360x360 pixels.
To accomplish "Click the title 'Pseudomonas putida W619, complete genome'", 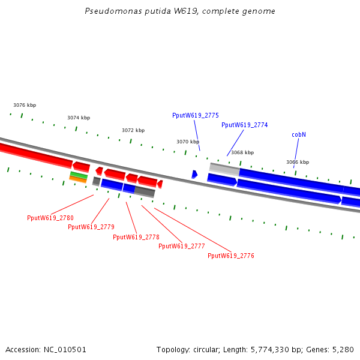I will pos(180,11).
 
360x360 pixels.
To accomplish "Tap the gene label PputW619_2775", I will pos(195,115).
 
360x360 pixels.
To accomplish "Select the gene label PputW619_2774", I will pos(244,125).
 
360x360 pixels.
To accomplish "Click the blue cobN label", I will pos(299,134).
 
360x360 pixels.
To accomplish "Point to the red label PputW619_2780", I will pos(50,218).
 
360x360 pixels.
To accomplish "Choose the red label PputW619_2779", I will pos(91,227).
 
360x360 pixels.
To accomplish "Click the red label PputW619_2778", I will pos(136,237).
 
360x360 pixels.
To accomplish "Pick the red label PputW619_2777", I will pos(181,246).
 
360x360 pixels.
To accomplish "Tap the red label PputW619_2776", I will pos(230,256).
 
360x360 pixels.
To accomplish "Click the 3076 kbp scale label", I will pos(25,105).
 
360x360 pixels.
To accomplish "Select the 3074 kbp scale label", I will pos(79,118).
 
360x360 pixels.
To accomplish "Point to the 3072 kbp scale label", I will pos(133,130).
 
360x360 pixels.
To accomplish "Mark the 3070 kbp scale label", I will pos(188,142).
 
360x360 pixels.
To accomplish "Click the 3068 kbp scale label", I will pos(242,152).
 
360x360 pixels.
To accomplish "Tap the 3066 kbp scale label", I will pos(297,162).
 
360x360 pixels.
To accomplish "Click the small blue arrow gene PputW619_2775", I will pos(194,174).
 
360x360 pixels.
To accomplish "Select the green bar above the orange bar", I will pos(79,175).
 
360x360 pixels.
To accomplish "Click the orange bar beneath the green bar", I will pos(78,179).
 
